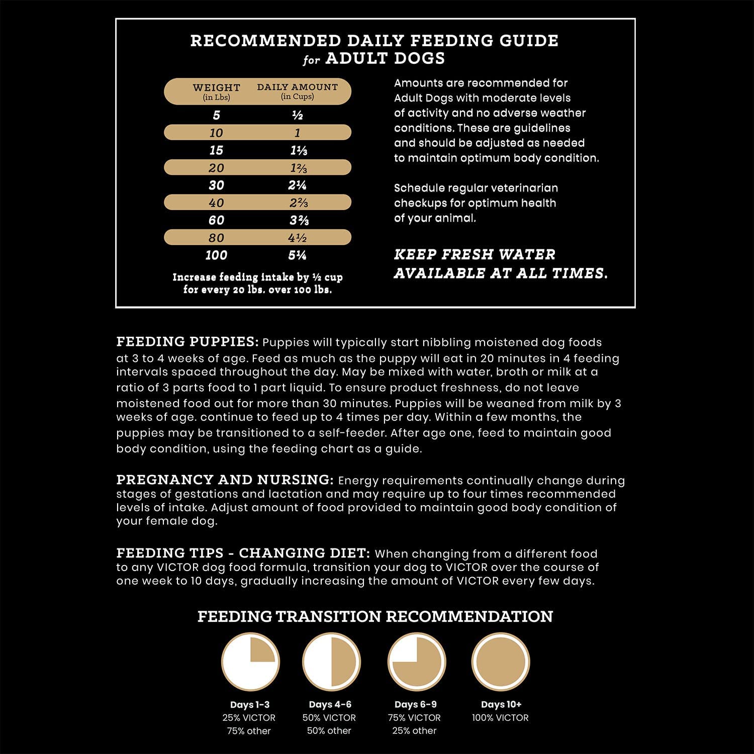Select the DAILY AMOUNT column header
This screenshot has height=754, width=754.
[x=297, y=87]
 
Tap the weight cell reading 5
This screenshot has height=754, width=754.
[x=216, y=116]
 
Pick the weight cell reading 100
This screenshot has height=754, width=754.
[x=216, y=255]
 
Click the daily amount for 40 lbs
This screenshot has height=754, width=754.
[x=298, y=203]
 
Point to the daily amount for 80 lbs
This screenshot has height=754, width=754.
[x=298, y=238]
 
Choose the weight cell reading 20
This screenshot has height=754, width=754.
[x=216, y=168]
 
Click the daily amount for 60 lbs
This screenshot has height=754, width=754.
[x=298, y=220]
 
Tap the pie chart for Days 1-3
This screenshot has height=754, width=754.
[x=250, y=662]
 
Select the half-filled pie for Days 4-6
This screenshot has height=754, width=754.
[x=331, y=662]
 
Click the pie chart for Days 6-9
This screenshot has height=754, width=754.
[x=416, y=662]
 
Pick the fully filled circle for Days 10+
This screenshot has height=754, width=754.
[x=501, y=662]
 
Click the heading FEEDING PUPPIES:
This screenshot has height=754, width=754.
[x=187, y=342]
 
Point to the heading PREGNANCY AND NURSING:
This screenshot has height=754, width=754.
[x=225, y=480]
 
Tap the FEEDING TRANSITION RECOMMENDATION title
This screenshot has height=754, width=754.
[x=375, y=617]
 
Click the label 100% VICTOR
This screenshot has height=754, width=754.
[x=500, y=718]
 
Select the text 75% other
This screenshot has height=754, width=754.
[x=249, y=731]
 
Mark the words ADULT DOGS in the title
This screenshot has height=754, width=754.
[x=385, y=58]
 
